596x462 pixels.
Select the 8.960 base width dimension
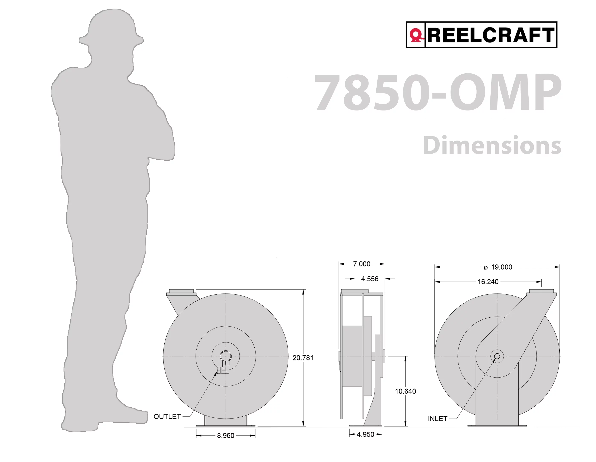pyautogui.click(x=225, y=435)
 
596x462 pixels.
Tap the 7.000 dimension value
pyautogui.click(x=362, y=264)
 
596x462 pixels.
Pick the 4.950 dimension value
pyautogui.click(x=365, y=434)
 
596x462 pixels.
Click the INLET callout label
pyautogui.click(x=437, y=419)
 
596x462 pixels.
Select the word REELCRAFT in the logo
pyautogui.click(x=491, y=35)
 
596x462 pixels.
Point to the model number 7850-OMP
pyautogui.click(x=437, y=93)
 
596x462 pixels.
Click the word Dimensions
pyautogui.click(x=492, y=145)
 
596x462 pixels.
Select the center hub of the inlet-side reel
pyautogui.click(x=497, y=356)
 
